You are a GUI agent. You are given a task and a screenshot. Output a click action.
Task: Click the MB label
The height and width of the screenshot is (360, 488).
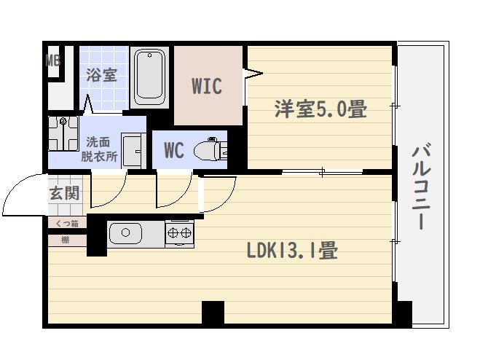coord(53,60)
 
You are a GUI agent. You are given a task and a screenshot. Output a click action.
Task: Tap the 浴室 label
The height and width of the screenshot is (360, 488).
coord(102,75)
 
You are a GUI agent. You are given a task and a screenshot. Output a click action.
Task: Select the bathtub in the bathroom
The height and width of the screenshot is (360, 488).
coord(150,77)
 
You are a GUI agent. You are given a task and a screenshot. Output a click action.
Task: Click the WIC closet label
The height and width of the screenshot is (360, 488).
coord(207,86)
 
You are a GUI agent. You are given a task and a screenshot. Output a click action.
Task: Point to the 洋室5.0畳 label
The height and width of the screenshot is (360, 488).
coord(320,109)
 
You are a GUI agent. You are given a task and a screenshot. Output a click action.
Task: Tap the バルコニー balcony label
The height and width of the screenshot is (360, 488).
coord(421,186)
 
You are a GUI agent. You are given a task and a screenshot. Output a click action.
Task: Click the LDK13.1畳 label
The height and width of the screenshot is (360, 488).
coord(292,251)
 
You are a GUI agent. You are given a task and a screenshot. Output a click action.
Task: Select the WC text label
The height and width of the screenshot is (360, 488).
coord(173,150)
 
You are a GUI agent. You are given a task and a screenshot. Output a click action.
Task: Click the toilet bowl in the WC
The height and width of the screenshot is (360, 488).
coord(210,150)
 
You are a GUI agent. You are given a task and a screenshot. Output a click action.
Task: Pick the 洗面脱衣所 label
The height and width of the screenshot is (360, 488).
coord(99,149)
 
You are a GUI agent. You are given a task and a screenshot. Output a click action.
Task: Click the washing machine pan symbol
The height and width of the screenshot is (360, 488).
coord(63,133)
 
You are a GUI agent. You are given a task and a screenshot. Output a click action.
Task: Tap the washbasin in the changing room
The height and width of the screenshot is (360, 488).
coord(133,151)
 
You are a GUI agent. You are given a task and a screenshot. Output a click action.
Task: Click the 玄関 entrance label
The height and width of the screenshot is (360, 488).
coord(64,194)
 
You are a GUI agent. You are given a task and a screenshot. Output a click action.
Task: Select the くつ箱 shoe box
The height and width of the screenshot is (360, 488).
coord(67,223)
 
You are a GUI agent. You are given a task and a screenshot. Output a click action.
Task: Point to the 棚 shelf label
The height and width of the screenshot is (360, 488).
coord(66,240)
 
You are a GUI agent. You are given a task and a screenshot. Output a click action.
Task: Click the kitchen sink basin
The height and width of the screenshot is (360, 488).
coord(126,233)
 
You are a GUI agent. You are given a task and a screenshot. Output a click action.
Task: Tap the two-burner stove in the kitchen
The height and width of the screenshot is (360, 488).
coord(180,233)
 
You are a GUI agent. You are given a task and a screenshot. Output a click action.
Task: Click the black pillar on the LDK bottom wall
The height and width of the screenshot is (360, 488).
coord(213,312)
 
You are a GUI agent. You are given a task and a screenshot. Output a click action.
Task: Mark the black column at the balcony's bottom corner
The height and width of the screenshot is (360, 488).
coord(404,313)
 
